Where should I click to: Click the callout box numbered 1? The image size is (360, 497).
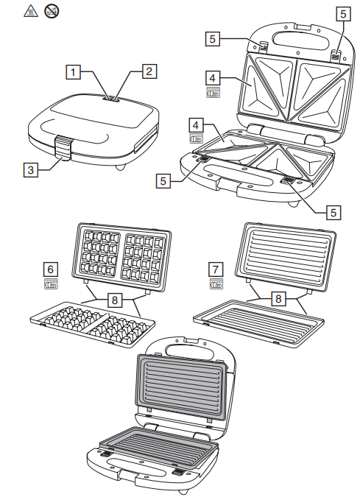(x=73, y=72)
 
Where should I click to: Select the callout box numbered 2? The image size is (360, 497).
(x=149, y=71)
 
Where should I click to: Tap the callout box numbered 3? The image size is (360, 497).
(x=31, y=170)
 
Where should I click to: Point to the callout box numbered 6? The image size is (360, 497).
(x=51, y=269)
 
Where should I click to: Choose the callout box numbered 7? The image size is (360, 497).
(x=216, y=269)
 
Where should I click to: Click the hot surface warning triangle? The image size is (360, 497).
(x=31, y=11)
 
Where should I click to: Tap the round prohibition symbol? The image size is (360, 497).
(x=52, y=11)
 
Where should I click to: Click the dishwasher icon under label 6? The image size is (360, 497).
(x=51, y=284)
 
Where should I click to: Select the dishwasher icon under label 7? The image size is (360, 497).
(x=216, y=284)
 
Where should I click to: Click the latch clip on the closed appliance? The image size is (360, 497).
(x=63, y=146)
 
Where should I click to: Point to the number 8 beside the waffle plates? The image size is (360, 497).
(x=115, y=300)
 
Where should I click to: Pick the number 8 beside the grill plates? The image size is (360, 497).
(x=278, y=299)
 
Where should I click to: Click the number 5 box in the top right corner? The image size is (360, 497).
(x=344, y=14)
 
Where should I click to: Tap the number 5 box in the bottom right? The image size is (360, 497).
(x=333, y=212)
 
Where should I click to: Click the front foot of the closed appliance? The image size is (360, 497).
(x=120, y=167)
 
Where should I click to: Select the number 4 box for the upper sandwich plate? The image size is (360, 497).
(x=213, y=78)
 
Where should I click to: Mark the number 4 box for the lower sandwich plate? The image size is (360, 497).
(x=196, y=125)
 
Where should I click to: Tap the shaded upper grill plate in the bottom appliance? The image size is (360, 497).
(x=183, y=386)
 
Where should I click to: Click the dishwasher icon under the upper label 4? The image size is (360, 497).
(x=213, y=92)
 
